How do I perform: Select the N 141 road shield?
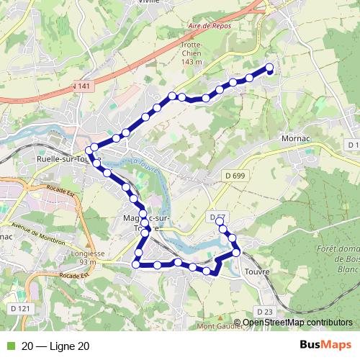click(83, 86)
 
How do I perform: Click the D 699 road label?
click(235, 176)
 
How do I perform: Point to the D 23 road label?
click(265, 310)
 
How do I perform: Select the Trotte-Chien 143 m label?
click(191, 53)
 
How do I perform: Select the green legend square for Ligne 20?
click(9, 346)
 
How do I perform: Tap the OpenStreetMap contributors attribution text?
click(297, 322)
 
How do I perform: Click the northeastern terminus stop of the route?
click(269, 68)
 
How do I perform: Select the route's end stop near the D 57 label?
click(221, 223)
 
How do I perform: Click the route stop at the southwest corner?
click(135, 265)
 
